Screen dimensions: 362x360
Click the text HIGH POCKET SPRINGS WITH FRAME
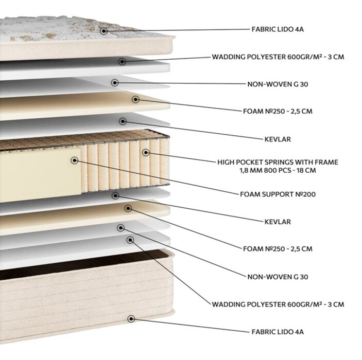(278, 162)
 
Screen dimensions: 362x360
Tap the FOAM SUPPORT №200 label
(278, 194)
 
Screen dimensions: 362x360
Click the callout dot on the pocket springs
(146, 152)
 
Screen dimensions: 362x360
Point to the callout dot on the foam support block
(74, 160)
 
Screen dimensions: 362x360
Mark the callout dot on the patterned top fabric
(104, 31)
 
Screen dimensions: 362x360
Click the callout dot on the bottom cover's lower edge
(131, 319)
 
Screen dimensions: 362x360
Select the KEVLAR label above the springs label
(278, 139)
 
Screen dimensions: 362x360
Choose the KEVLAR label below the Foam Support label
(278, 222)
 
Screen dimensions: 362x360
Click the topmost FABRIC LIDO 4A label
(278, 29)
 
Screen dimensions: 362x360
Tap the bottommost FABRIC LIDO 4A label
(278, 332)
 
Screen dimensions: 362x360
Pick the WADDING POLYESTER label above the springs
(278, 57)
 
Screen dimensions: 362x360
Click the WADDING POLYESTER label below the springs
(278, 304)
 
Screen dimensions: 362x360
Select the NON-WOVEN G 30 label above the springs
(278, 84)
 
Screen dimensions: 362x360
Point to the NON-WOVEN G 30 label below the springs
(278, 277)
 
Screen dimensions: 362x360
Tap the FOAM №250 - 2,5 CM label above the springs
(278, 111)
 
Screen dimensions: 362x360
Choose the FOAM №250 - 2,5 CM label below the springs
(278, 249)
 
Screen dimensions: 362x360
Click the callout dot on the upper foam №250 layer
(136, 99)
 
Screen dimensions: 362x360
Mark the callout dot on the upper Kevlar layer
(123, 121)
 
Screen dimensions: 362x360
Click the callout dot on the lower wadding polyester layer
(130, 240)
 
